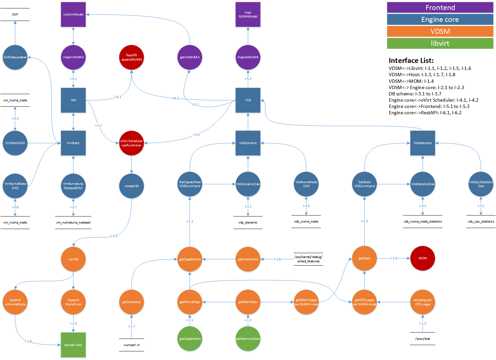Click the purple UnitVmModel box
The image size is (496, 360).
coord(73,15)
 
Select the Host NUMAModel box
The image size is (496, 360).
coord(248,15)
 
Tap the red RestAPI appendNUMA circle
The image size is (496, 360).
coord(132,57)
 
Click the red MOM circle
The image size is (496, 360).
coord(423,258)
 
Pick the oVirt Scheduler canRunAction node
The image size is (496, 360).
coord(132,143)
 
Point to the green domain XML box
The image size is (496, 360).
coord(73,345)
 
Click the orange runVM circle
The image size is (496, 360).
coord(73,259)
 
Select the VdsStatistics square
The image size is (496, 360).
coord(423,143)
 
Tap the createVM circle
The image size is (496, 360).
coord(132,186)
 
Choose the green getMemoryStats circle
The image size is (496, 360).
coord(248,339)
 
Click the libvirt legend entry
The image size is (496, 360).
coord(440,43)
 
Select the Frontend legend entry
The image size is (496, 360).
coord(440,8)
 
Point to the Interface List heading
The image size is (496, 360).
coord(411,61)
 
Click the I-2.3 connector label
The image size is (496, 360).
coord(114,236)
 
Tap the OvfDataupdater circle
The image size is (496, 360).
coord(15,57)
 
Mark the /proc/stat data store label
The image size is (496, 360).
coord(423,339)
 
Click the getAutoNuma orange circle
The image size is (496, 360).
coord(248,259)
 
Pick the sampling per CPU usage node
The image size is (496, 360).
coord(423,302)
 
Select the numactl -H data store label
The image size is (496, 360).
coord(132,345)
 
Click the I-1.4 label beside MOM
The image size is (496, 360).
coord(394,258)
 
